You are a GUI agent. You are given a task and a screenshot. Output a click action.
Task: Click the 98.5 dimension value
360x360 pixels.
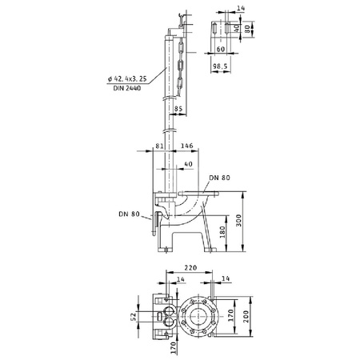coord(220,66)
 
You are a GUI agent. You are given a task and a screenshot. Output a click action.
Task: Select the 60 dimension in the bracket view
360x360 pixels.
coord(221,49)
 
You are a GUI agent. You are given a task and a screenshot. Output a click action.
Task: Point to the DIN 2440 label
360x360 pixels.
coord(127,88)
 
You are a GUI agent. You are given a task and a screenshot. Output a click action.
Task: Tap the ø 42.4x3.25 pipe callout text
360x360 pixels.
coord(127,78)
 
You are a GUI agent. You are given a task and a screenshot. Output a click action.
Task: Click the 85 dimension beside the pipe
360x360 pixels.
coord(178,109)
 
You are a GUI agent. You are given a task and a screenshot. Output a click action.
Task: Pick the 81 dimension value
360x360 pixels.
coord(159,146)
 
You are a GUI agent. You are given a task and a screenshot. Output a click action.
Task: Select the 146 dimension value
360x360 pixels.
coord(186,146)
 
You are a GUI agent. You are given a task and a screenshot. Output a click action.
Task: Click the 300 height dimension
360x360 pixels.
coord(238,221)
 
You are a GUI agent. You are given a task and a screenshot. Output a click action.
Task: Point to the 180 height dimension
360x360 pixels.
coord(222,232)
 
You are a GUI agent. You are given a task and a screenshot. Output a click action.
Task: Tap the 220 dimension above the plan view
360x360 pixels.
coord(190,267)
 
